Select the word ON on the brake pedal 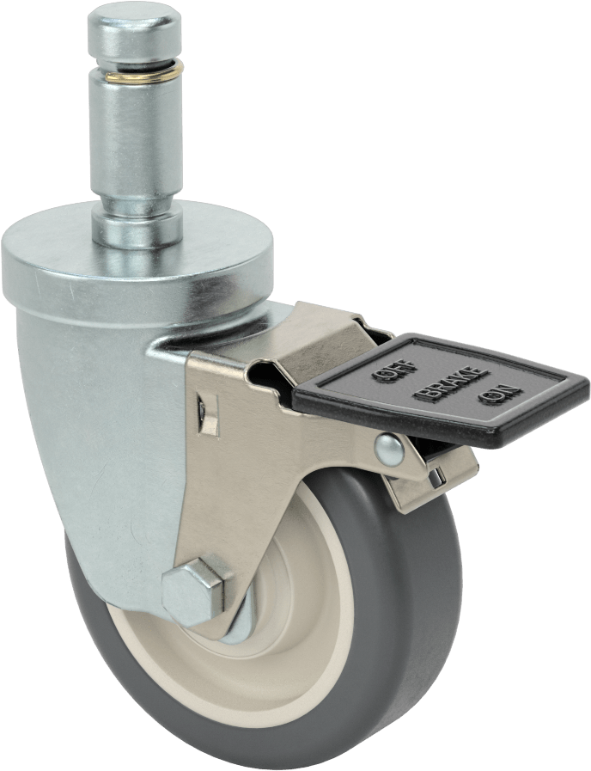pyautogui.click(x=500, y=395)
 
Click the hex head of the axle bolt pyautogui.click(x=193, y=591)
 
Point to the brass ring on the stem pyautogui.click(x=145, y=72)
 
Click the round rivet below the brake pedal pyautogui.click(x=389, y=450)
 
